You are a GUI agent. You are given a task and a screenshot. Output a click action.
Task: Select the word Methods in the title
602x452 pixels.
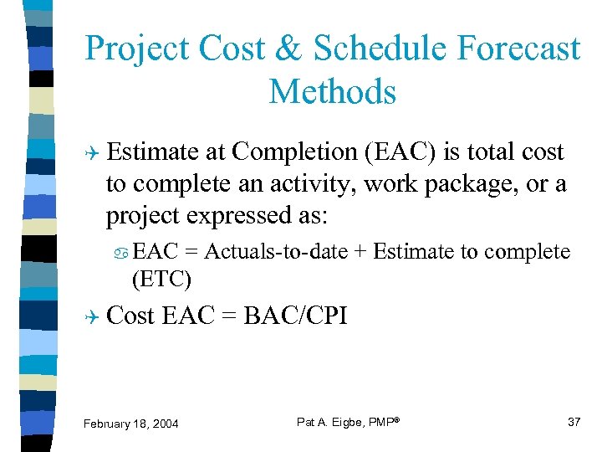pyautogui.click(x=333, y=91)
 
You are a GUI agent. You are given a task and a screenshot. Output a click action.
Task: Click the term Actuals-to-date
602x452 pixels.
pyautogui.click(x=276, y=251)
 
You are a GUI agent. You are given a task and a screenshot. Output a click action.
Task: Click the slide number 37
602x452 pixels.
pyautogui.click(x=574, y=422)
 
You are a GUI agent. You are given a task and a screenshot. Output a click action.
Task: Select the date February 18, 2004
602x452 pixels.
pyautogui.click(x=130, y=424)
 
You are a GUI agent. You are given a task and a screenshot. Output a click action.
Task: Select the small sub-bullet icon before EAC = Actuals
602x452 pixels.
pyautogui.click(x=122, y=252)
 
